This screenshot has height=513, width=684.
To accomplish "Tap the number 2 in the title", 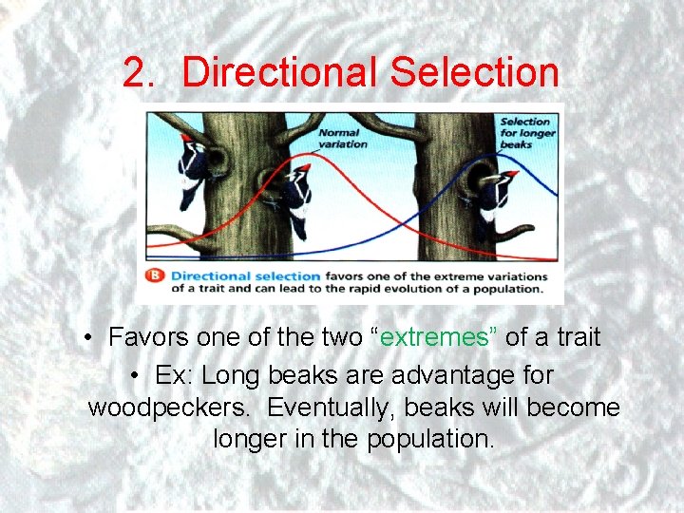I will (138, 72).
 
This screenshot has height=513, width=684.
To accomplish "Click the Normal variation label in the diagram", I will (339, 139).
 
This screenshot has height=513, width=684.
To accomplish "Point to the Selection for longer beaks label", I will (525, 134).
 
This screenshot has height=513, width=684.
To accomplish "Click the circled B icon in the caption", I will (153, 276).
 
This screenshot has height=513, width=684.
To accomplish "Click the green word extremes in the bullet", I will (433, 337).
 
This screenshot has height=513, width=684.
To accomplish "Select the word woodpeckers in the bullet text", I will (170, 408).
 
